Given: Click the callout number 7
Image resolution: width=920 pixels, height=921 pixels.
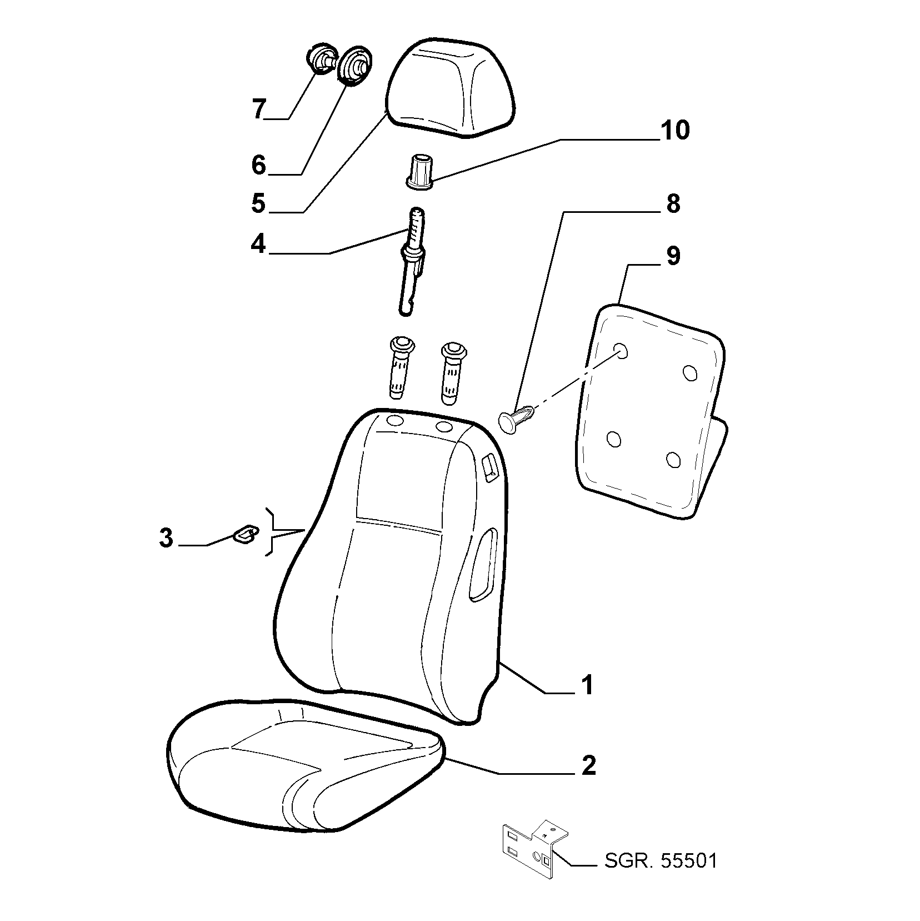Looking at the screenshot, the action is (259, 109).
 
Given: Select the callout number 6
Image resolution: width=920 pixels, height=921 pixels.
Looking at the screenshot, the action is (259, 165).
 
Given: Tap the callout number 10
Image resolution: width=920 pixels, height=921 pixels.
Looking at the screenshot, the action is (674, 130).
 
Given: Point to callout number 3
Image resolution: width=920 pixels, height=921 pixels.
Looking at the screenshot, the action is (166, 538).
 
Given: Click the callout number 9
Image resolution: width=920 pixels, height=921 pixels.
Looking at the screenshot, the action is (673, 256).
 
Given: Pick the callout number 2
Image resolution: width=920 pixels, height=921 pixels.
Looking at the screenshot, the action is (588, 765).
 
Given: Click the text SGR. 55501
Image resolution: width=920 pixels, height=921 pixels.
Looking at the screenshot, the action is (661, 877).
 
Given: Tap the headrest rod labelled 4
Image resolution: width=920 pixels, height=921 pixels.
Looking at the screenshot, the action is (411, 261).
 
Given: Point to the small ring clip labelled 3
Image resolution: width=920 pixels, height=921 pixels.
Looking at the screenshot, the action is (244, 533).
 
